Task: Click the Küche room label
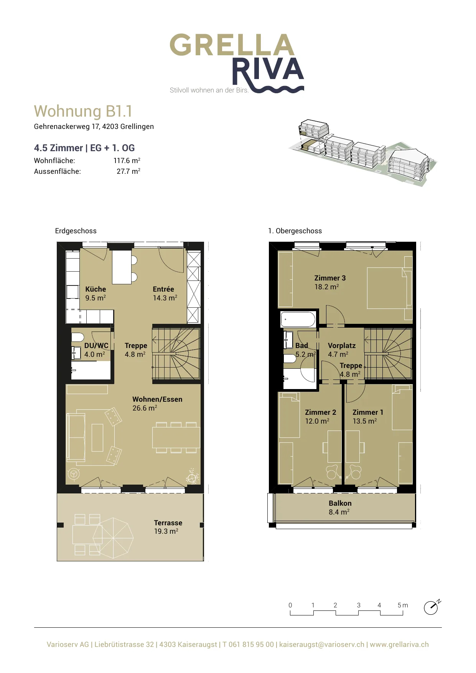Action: click(96, 289)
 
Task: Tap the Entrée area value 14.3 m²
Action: click(165, 298)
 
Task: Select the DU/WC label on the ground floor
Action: click(96, 345)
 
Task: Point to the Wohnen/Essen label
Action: click(157, 399)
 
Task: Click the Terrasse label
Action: click(168, 523)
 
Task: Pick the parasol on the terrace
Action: click(113, 538)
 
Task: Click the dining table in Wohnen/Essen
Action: click(176, 437)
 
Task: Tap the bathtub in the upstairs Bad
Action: click(298, 319)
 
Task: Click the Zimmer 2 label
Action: click(320, 412)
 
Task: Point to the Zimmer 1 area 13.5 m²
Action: click(364, 421)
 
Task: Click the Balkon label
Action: click(340, 503)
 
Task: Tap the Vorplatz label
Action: click(341, 345)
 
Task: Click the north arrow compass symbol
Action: click(432, 607)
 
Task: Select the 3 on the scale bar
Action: click(359, 605)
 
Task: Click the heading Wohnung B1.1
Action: click(83, 111)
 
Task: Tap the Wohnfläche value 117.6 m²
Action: click(127, 160)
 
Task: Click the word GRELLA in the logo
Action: click(232, 45)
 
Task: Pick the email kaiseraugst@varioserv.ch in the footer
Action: click(322, 645)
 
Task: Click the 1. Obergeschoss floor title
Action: click(295, 231)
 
